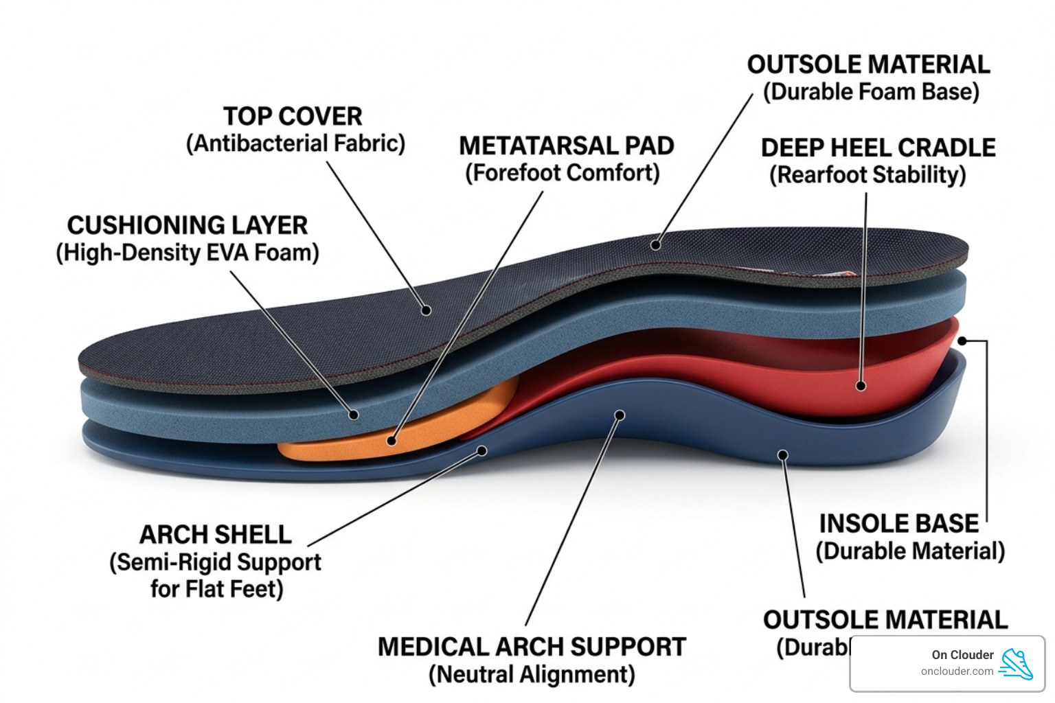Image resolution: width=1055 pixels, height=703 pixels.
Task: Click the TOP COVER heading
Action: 293,116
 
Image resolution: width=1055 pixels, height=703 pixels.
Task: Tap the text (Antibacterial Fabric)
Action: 295,143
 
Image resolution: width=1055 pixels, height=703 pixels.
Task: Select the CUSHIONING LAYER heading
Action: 187,225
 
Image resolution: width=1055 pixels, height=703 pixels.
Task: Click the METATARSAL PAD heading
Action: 566,146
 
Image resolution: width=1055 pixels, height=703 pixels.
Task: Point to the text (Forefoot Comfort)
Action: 562,173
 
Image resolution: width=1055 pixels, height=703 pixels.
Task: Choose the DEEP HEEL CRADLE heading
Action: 878,148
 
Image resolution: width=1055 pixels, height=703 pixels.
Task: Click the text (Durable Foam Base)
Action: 871,92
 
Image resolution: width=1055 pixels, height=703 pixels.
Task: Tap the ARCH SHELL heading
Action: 215,534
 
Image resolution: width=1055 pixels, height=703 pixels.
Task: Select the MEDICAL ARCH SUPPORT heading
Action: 532,647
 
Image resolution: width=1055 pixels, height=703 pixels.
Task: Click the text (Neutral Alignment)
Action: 532,674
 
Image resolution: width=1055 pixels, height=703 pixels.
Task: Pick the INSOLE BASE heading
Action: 898,524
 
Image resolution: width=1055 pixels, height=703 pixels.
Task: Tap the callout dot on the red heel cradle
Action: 861,386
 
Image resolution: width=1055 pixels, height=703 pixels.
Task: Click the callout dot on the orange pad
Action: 392,441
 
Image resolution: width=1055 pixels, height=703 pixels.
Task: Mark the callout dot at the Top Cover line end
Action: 426,310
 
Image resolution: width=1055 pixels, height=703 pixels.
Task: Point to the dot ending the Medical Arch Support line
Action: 620,415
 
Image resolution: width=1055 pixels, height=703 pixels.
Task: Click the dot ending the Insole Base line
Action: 962,341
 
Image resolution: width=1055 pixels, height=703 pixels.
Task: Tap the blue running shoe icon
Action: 1016,664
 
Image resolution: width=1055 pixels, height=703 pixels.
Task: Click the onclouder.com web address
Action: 957,671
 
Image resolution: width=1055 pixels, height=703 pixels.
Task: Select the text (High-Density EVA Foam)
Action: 187,253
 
